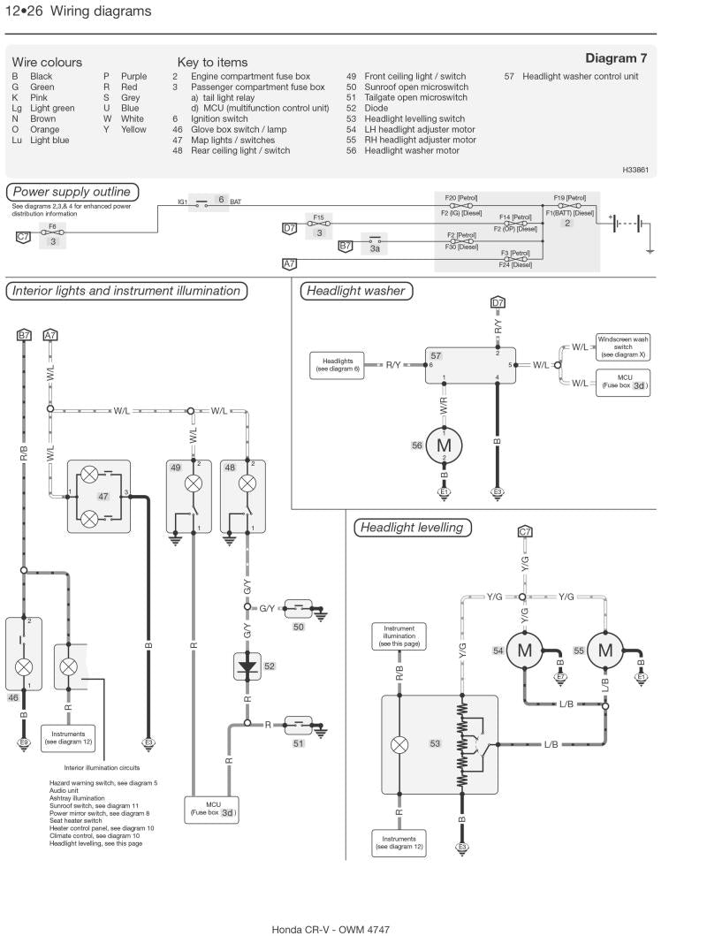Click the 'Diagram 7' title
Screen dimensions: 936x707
[x=616, y=58]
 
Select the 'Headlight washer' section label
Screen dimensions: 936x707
[x=353, y=291]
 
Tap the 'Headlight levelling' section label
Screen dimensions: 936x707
[x=410, y=528]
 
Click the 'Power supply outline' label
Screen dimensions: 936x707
[x=71, y=192]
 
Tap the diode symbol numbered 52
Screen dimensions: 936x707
[x=247, y=666]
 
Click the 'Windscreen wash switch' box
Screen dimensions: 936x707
[x=622, y=346]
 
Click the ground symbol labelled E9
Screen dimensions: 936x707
[x=24, y=743]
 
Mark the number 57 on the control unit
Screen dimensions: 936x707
[x=436, y=354]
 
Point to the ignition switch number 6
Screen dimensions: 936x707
[x=222, y=200]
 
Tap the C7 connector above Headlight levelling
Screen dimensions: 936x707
[x=525, y=531]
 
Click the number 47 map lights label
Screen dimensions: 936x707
[x=103, y=498]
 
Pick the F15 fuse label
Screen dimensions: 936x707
[x=318, y=216]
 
